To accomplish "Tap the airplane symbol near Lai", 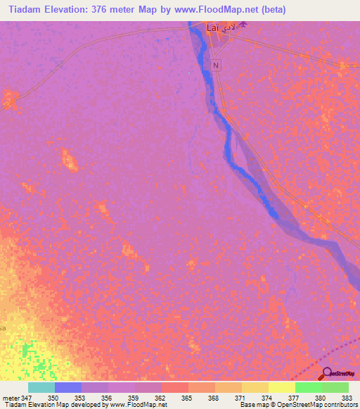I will tap(243, 26).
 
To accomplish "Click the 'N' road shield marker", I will tap(216, 65).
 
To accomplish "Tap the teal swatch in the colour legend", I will tap(41, 387).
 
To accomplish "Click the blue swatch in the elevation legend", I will tap(68, 387).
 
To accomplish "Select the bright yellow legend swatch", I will tap(282, 387).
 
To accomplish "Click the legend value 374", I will tap(269, 398).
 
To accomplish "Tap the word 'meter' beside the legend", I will tap(11, 398).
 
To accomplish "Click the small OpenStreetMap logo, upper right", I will tap(344, 65).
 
